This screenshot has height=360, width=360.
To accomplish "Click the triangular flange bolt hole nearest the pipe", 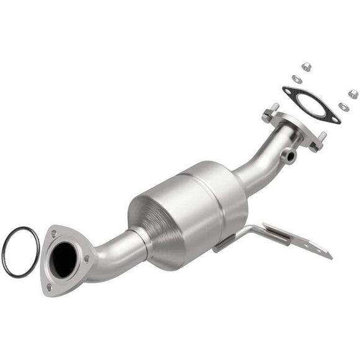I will pyautogui.click(x=86, y=258).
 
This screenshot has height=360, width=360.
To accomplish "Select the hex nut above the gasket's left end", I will pyautogui.click(x=306, y=66).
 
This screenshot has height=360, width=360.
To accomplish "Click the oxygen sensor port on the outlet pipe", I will pyautogui.click(x=290, y=157).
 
